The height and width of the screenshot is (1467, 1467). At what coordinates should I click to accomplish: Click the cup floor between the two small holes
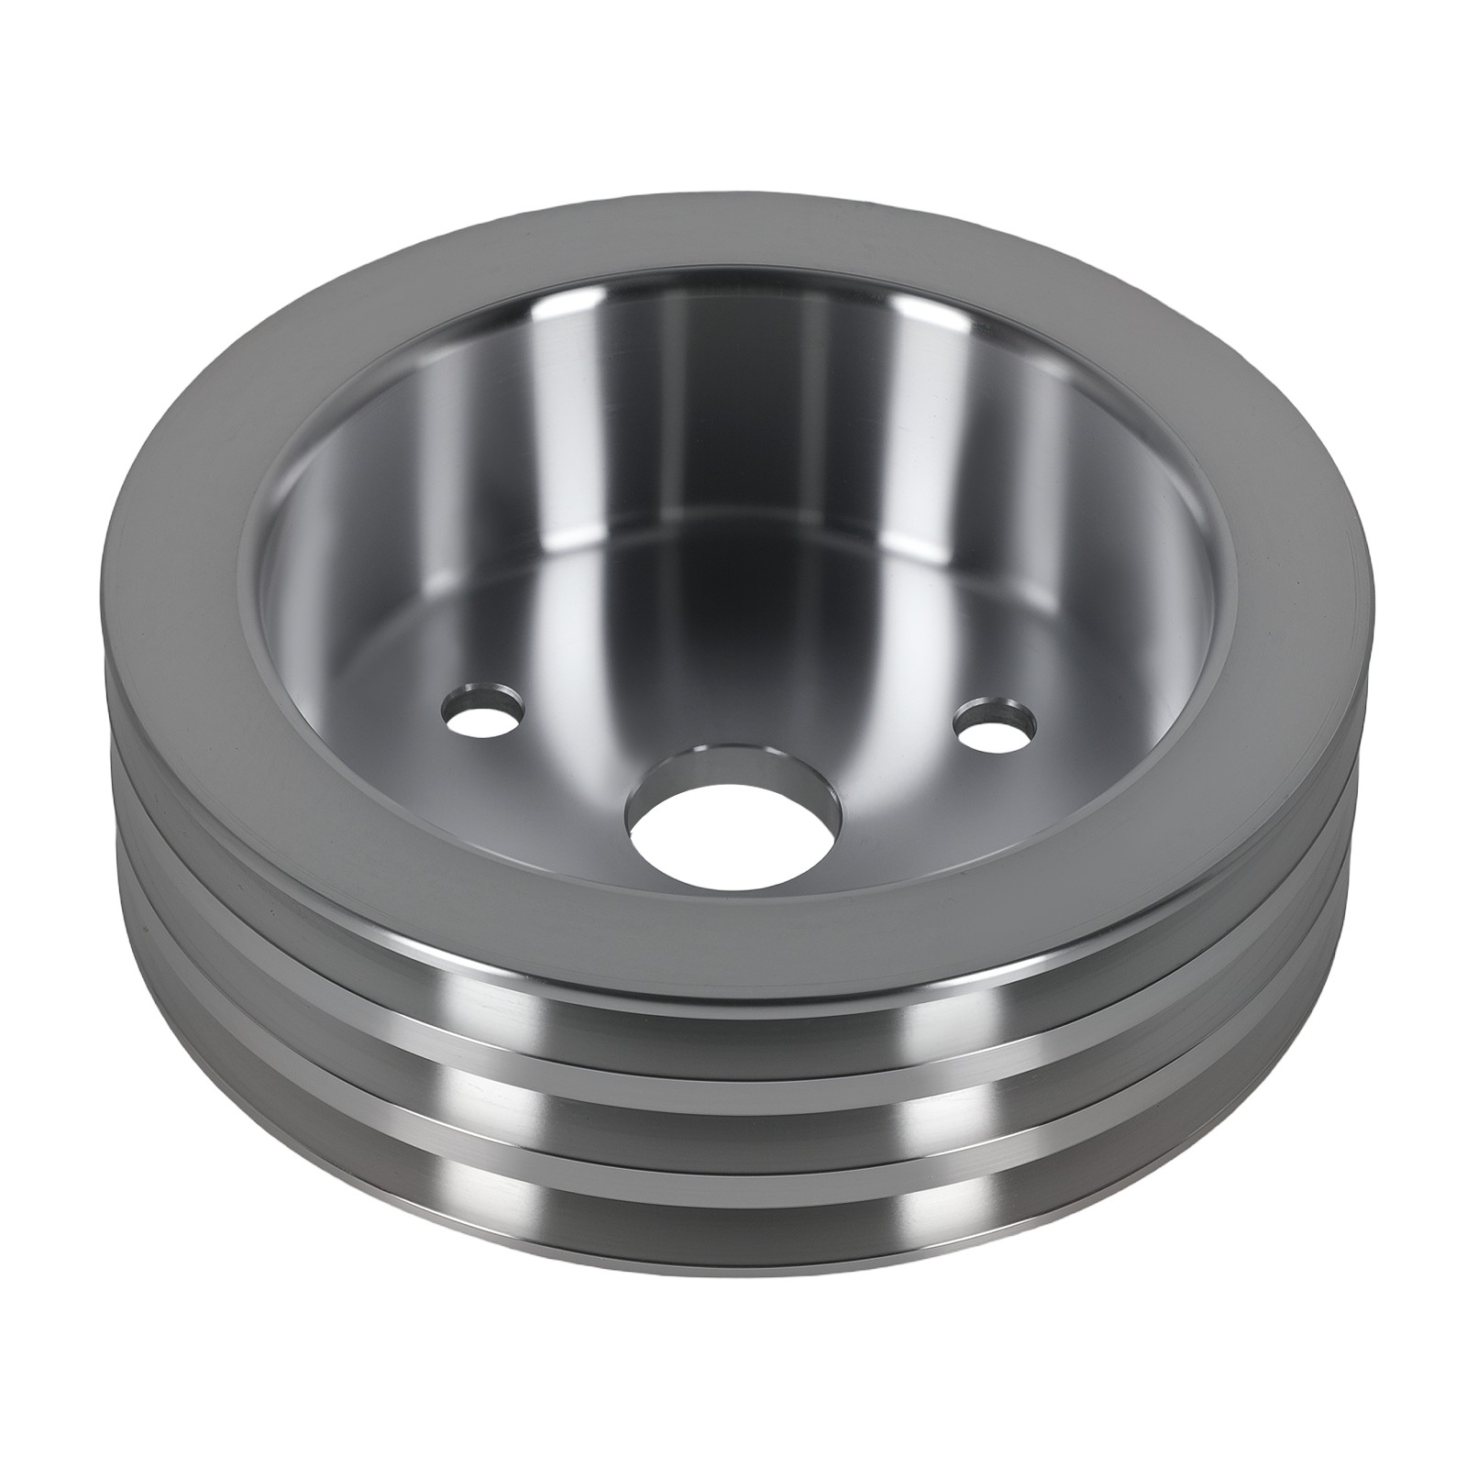pyautogui.click(x=733, y=697)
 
